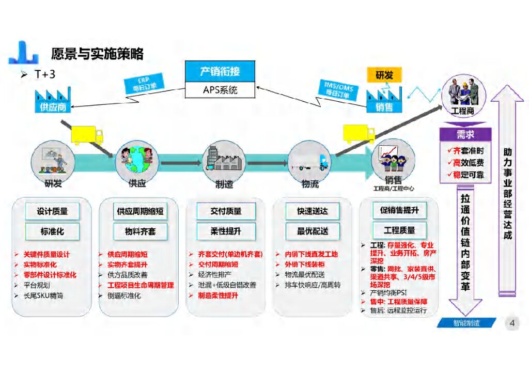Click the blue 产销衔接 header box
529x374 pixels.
(x=220, y=71)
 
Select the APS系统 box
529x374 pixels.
(x=220, y=89)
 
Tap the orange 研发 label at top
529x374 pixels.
(x=384, y=75)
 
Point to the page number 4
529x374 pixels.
(x=512, y=324)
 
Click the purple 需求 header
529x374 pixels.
(x=465, y=134)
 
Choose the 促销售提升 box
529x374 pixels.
(x=399, y=210)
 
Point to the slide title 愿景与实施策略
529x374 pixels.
(x=97, y=54)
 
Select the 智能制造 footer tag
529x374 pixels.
(x=466, y=323)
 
